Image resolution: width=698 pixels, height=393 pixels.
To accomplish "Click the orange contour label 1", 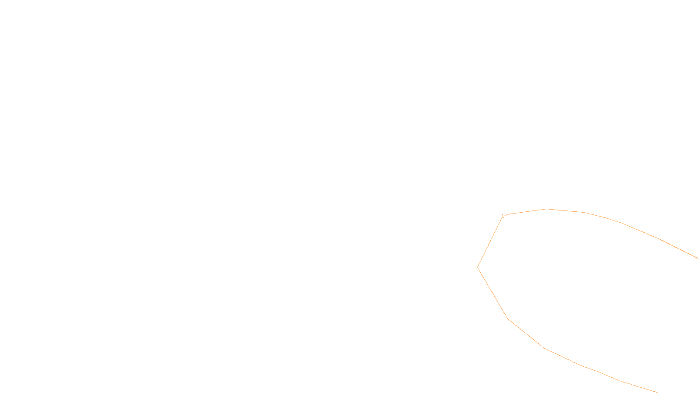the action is click(503, 216).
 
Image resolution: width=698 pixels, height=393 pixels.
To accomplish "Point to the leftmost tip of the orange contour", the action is click(478, 267).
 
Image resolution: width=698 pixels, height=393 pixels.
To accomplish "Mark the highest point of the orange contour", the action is click(547, 209).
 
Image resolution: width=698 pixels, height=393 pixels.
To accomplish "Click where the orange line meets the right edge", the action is click(697, 258).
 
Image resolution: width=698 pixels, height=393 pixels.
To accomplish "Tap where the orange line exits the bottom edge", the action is click(657, 392).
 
